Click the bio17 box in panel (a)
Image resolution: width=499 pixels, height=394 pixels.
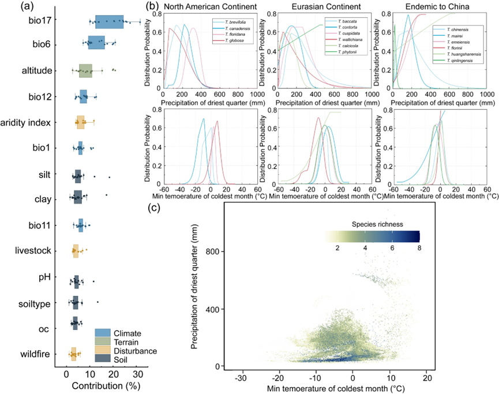(x=109, y=22)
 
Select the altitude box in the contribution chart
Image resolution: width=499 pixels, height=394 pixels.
(x=85, y=71)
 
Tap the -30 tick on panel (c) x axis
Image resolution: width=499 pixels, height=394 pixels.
(x=241, y=378)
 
